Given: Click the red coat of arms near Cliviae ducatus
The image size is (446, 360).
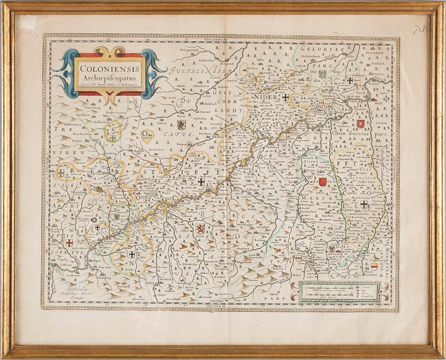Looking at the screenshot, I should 361,124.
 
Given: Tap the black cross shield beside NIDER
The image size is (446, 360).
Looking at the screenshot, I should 285,98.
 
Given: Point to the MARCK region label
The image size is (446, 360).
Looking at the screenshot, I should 314,199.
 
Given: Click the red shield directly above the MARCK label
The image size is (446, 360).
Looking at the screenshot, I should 322,182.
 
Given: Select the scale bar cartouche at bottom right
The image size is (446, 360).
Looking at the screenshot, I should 336,292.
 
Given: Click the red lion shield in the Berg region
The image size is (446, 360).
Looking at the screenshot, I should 200,228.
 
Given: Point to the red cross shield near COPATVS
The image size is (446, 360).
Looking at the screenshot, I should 69,243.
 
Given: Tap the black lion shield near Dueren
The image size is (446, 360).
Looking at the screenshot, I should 181,124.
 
